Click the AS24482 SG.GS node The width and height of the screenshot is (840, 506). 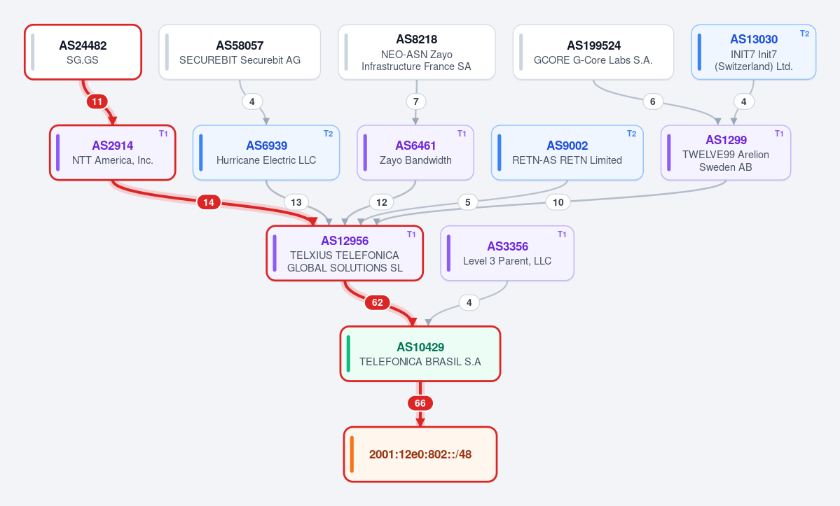click(x=83, y=52)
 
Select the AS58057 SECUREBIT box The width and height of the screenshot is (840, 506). click(x=240, y=52)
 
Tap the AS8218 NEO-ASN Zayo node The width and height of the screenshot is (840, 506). click(x=417, y=52)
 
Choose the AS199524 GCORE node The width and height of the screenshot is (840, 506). click(x=593, y=52)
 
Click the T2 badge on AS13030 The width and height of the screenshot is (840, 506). click(x=805, y=33)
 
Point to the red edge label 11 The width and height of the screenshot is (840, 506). click(x=97, y=101)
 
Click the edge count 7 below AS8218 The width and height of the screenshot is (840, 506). click(x=415, y=101)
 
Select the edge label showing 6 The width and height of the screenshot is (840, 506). click(x=652, y=101)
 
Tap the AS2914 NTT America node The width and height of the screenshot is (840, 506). click(x=113, y=153)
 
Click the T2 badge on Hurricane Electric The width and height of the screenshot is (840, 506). click(x=329, y=134)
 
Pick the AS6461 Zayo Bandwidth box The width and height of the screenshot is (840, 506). click(x=415, y=153)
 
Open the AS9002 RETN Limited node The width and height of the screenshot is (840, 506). click(x=567, y=153)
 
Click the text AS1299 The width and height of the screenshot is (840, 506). click(x=726, y=140)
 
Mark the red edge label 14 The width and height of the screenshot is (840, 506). click(x=209, y=202)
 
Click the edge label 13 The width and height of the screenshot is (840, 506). click(x=296, y=202)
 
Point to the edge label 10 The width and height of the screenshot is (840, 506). click(x=558, y=202)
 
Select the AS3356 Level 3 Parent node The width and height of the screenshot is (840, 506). click(x=507, y=253)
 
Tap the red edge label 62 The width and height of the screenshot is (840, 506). click(x=378, y=303)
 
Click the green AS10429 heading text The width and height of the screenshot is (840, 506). click(x=420, y=347)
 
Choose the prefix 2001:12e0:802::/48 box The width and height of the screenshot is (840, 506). click(x=420, y=454)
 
